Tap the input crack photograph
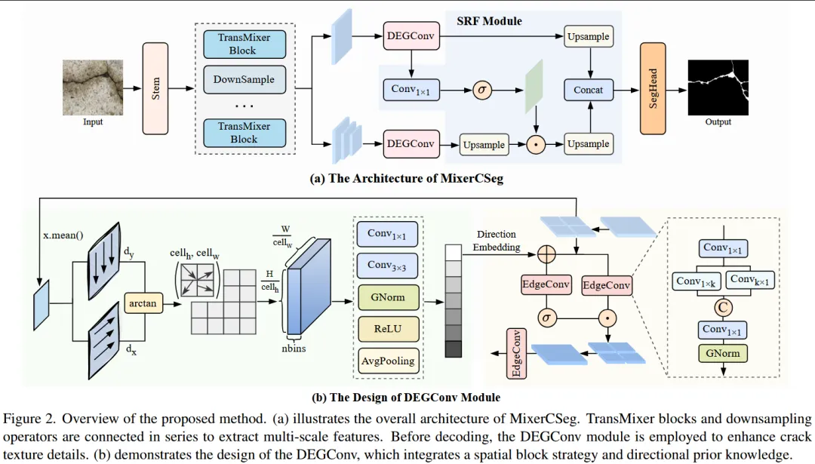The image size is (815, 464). (x=92, y=88)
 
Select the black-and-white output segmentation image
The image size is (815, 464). (x=718, y=88)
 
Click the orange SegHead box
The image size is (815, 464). (x=653, y=88)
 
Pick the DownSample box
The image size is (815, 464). (x=244, y=79)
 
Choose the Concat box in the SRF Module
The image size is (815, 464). (x=588, y=90)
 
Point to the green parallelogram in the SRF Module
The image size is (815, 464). (x=535, y=89)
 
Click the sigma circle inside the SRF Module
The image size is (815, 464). (x=481, y=90)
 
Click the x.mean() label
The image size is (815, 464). (x=63, y=235)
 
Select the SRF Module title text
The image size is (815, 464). (x=489, y=20)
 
